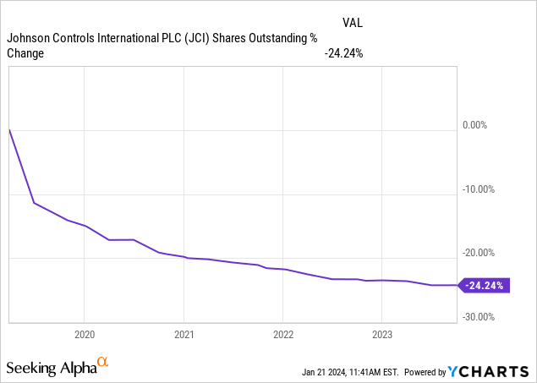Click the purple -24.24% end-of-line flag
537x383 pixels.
[484, 286]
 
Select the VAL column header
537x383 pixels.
[353, 23]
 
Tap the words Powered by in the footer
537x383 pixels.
[425, 371]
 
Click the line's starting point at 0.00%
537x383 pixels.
[8, 129]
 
